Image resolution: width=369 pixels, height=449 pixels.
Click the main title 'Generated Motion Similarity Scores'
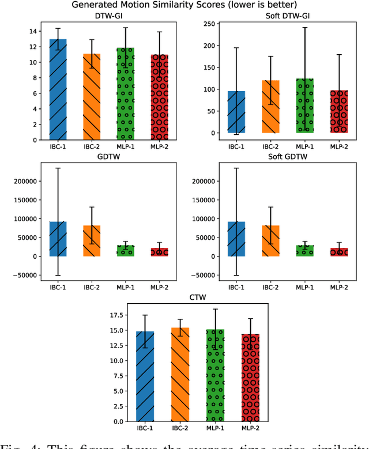coord(184,5)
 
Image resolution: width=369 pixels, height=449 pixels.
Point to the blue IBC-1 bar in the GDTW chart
coord(58,239)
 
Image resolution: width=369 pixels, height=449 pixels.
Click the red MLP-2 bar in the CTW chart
coord(251,378)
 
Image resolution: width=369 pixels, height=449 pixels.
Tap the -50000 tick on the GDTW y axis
coord(20,275)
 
